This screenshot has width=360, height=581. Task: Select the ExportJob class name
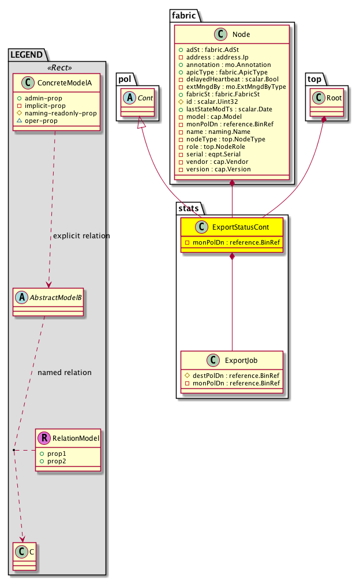(241, 361)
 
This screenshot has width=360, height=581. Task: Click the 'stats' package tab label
(188, 207)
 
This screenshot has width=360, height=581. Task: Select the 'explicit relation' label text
(81, 236)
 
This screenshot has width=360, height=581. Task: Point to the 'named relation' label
(65, 373)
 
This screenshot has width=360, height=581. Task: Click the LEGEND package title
(27, 55)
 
